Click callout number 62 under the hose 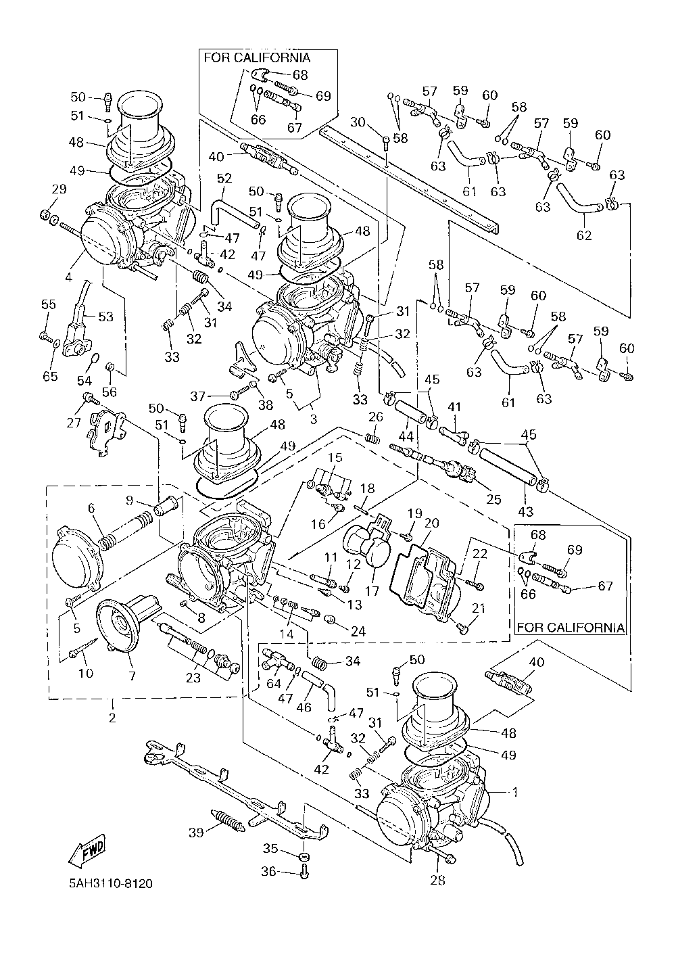pos(584,235)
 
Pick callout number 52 pos(224,178)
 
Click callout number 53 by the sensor pos(105,316)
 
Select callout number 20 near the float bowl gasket pos(432,523)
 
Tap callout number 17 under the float pos(372,591)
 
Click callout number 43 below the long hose pos(525,511)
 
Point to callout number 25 pos(493,499)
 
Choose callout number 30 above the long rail pos(358,122)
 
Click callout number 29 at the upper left pos(59,189)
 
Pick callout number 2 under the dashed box pos(112,718)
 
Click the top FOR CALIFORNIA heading pos(257,57)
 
